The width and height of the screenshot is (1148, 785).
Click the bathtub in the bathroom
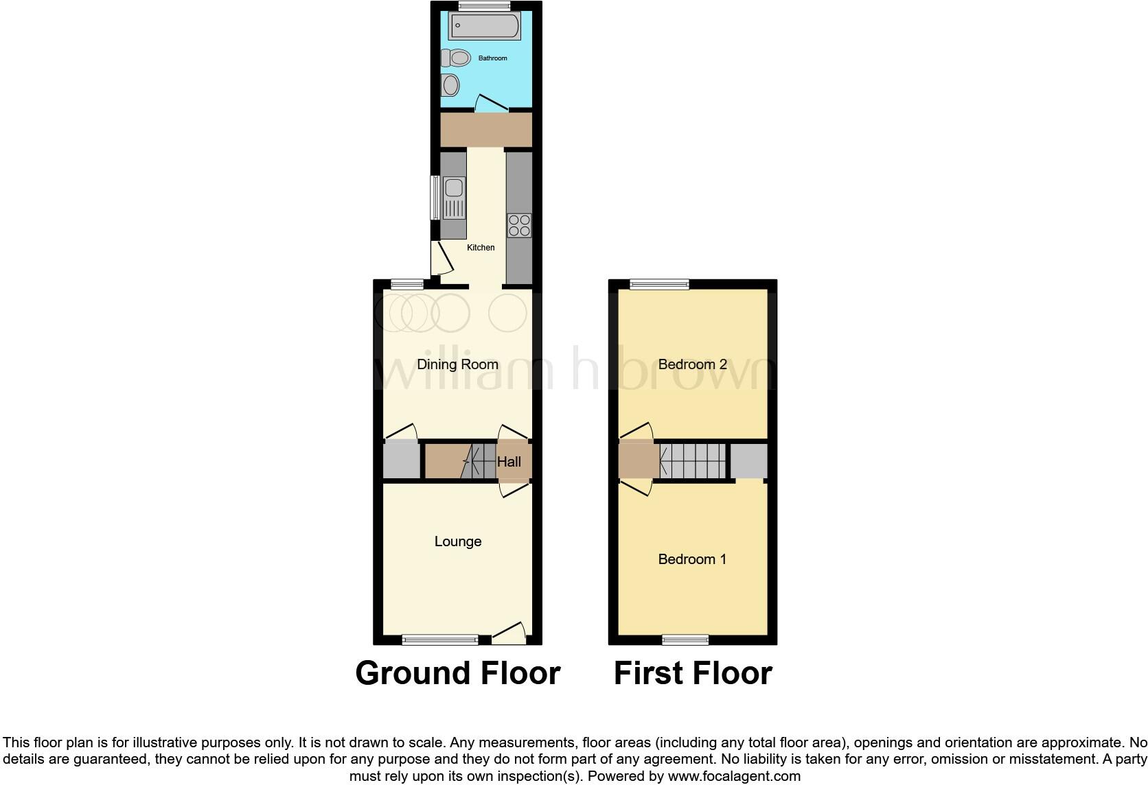[x=485, y=26]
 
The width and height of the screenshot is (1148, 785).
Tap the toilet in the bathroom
[x=457, y=58]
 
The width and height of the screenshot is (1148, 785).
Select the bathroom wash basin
[x=450, y=86]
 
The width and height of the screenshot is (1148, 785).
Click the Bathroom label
[x=492, y=58]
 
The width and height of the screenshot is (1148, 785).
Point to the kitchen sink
[x=453, y=196]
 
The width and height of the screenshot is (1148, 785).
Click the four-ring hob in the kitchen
[x=519, y=225]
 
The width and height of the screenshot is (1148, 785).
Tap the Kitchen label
[x=481, y=248]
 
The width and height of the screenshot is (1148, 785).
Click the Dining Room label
[x=457, y=364]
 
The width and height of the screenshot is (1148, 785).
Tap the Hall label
[x=509, y=462]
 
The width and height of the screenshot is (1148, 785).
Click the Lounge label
[x=458, y=541]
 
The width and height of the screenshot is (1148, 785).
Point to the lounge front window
[x=440, y=640]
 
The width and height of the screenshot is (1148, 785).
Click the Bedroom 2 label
[x=692, y=364]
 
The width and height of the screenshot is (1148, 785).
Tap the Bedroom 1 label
[x=692, y=559]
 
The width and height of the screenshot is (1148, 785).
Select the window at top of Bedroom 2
[x=660, y=283]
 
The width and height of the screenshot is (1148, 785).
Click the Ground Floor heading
[x=458, y=673]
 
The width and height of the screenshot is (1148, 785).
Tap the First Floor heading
[x=693, y=673]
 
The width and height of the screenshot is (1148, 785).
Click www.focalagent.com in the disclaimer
[x=734, y=777]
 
